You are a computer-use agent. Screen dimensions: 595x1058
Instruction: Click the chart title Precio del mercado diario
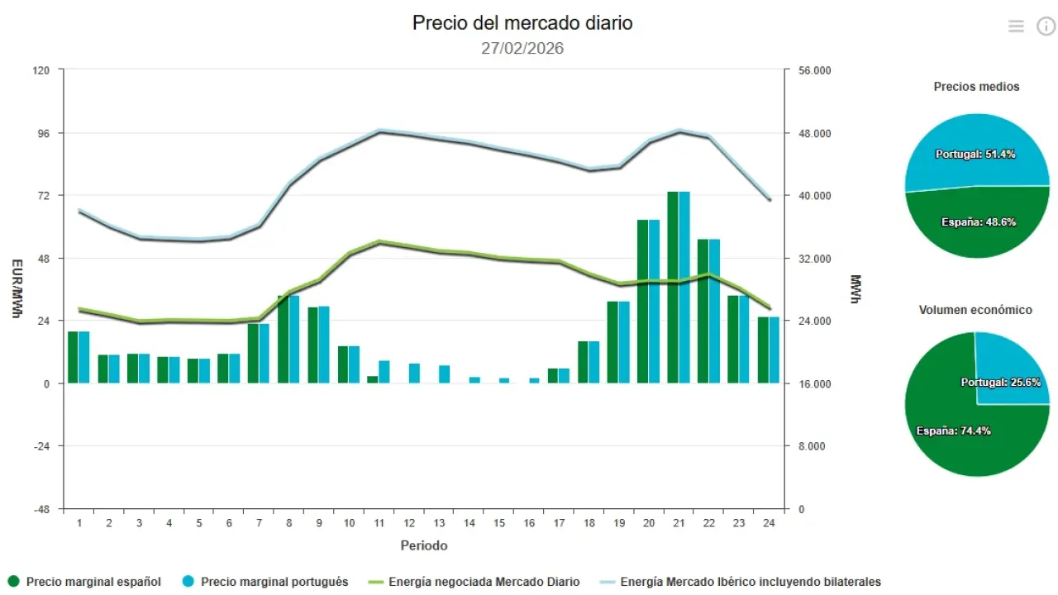click(522, 23)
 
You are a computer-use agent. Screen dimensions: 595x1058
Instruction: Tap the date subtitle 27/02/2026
click(522, 49)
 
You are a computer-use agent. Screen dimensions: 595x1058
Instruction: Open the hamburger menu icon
click(1016, 26)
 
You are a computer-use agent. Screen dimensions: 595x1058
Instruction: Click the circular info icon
click(1046, 26)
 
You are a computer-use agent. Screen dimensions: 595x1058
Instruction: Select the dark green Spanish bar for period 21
click(673, 287)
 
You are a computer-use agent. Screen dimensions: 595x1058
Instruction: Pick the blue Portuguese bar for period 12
click(414, 374)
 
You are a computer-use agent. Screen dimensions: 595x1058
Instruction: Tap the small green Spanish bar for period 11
click(373, 379)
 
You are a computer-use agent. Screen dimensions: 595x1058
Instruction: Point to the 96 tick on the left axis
click(42, 133)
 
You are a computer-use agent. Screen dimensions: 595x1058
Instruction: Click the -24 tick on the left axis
click(41, 446)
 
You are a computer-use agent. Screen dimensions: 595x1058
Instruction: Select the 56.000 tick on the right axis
click(814, 71)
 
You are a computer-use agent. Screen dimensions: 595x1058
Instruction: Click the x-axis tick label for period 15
click(499, 523)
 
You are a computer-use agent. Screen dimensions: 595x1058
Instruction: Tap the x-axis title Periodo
click(424, 545)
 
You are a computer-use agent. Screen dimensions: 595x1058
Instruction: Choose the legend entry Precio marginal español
click(93, 582)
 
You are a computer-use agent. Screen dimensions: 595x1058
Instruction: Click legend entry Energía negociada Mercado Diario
click(484, 582)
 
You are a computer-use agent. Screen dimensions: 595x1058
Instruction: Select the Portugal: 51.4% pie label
click(975, 155)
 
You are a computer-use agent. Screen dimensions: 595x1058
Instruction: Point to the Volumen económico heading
click(975, 310)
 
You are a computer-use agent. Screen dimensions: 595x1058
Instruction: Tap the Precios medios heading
click(976, 87)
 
